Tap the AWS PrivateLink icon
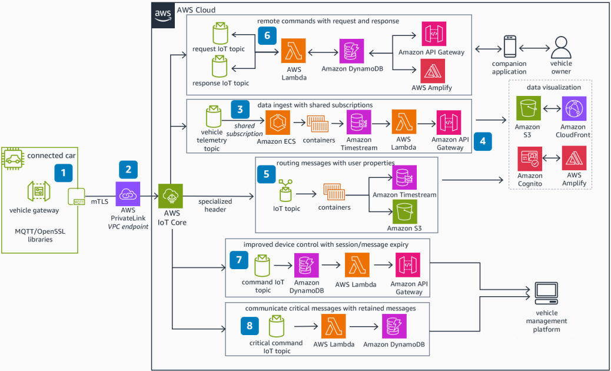[128, 194]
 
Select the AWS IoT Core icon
[170, 196]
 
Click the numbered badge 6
[267, 36]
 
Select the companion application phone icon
[510, 47]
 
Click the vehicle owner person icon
[560, 47]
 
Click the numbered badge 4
[483, 142]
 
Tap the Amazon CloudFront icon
[572, 110]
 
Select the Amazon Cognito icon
[529, 159]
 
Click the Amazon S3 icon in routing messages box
[404, 211]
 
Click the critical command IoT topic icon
[277, 327]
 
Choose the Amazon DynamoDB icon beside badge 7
[306, 265]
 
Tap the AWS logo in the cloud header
[162, 14]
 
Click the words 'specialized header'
[215, 205]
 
